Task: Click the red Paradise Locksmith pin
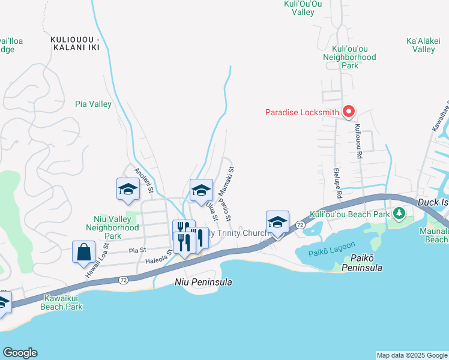[348, 112]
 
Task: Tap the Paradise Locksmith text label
[303, 112]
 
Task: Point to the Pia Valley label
[93, 104]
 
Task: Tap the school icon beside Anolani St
[128, 189]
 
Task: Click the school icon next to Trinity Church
[277, 221]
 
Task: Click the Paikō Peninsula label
[360, 262]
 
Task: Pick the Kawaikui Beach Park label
[62, 302]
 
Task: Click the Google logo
[20, 353]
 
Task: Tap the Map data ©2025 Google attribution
[412, 355]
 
